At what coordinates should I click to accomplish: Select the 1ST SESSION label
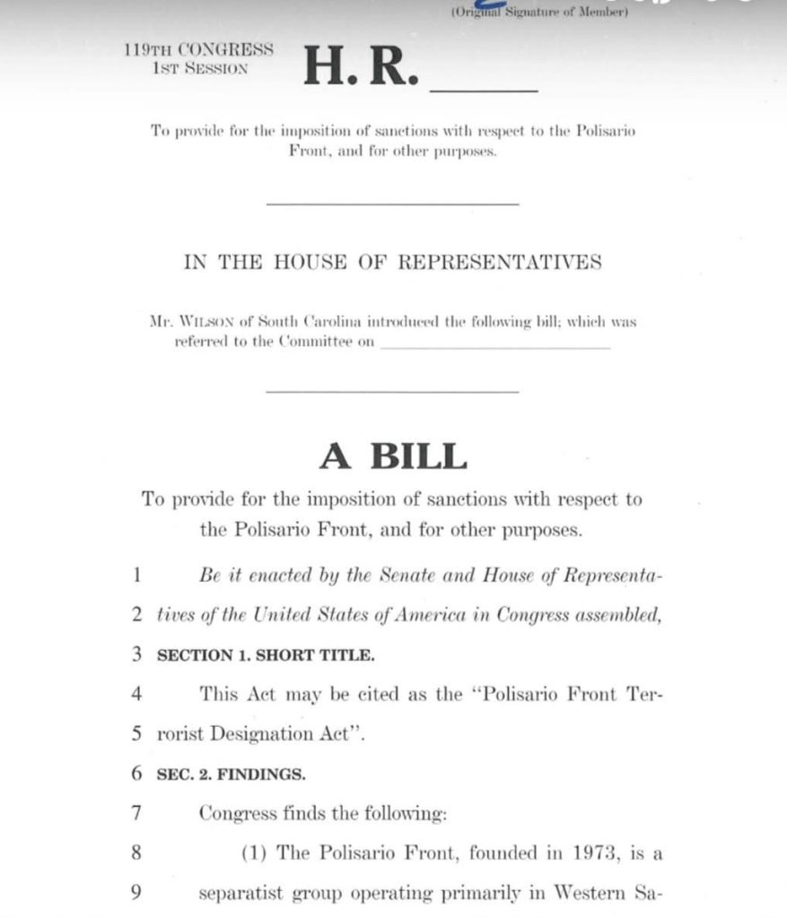click(x=200, y=67)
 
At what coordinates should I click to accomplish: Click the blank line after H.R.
click(x=485, y=88)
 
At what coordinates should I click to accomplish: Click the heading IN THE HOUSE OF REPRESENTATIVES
click(x=393, y=262)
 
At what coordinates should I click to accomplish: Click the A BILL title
click(x=393, y=457)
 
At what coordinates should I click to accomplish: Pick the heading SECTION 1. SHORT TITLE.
click(x=266, y=655)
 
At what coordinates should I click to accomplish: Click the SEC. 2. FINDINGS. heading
click(x=232, y=774)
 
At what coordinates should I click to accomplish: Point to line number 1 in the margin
click(x=136, y=576)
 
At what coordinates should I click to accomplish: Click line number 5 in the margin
click(x=136, y=734)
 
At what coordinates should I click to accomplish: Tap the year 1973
click(x=593, y=853)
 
